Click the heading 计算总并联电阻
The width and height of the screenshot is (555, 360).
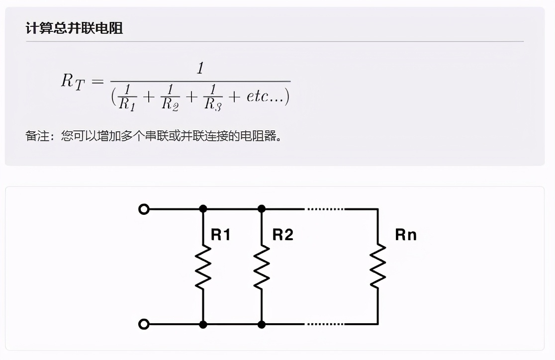pyautogui.click(x=74, y=28)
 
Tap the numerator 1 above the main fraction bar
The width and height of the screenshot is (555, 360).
pyautogui.click(x=200, y=69)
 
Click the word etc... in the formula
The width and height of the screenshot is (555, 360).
pyautogui.click(x=264, y=95)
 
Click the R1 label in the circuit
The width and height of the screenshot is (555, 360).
pyautogui.click(x=220, y=235)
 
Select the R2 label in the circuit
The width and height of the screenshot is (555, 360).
pyautogui.click(x=282, y=235)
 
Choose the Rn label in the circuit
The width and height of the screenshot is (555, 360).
pyautogui.click(x=405, y=235)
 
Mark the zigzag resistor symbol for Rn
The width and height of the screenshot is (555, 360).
pyautogui.click(x=377, y=267)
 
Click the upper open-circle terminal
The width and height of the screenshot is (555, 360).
pyautogui.click(x=144, y=209)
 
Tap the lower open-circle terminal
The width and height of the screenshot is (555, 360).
pyautogui.click(x=144, y=325)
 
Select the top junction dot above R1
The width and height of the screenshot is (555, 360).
pyautogui.click(x=203, y=209)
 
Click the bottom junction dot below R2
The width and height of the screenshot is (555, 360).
pyautogui.click(x=262, y=325)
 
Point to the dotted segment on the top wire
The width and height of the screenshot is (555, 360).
pyautogui.click(x=325, y=209)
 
